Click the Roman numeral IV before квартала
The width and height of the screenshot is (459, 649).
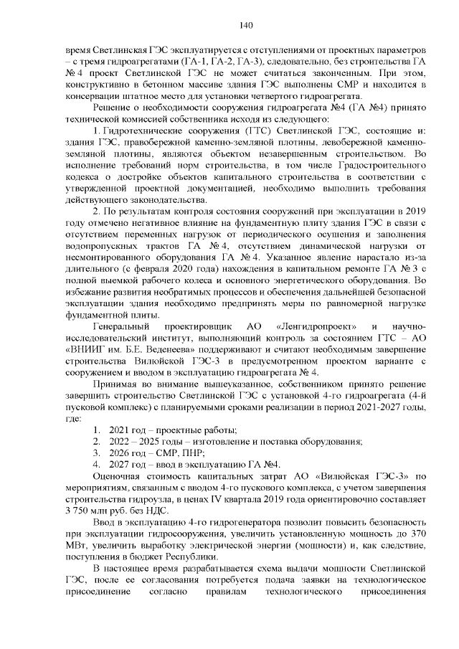[x=231, y=499]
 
